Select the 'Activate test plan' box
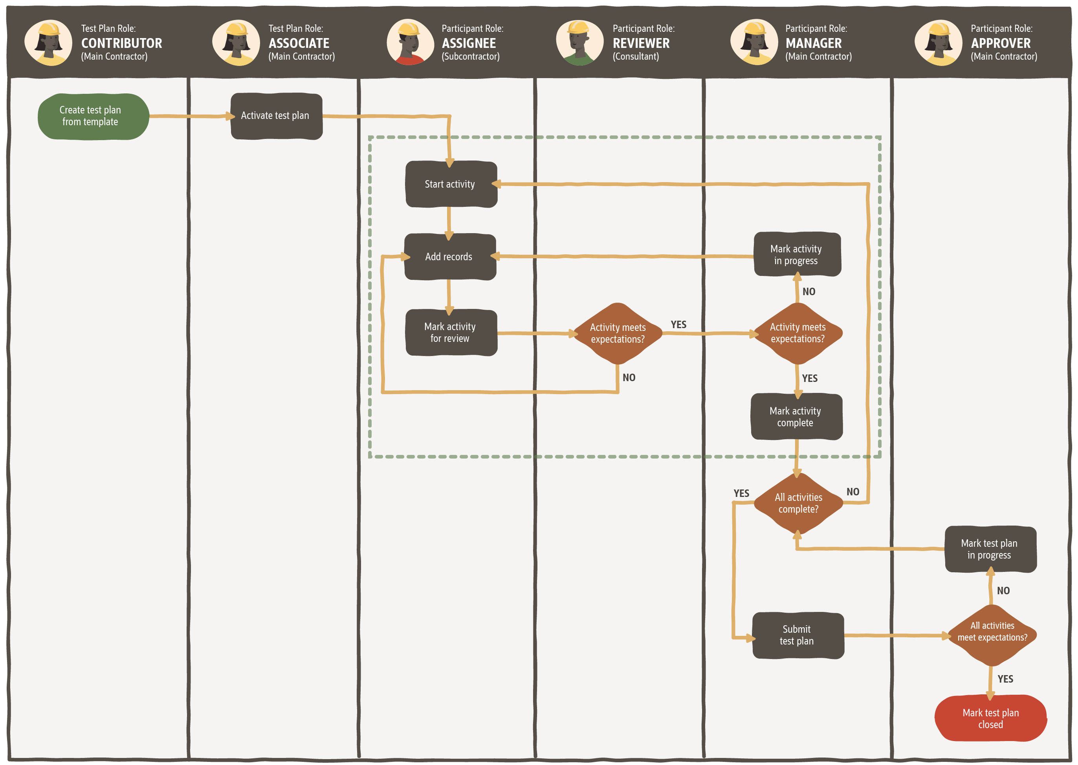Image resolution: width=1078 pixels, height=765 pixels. [276, 116]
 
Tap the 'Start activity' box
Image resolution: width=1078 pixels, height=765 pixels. [451, 184]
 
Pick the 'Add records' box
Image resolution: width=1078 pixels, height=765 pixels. [450, 257]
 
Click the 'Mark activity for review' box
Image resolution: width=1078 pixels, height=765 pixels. [451, 332]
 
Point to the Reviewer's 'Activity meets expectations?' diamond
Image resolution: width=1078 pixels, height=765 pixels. [618, 334]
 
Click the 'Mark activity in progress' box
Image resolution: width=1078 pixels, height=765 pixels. [797, 254]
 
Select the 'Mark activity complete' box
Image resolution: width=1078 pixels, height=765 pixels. [796, 417]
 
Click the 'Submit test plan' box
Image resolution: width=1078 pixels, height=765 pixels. [797, 635]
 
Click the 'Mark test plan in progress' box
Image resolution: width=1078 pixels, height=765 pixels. [990, 549]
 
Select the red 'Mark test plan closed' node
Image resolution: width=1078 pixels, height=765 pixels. [990, 718]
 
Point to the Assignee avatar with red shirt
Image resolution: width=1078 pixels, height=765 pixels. [410, 42]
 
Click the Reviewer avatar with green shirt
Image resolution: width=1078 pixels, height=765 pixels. [579, 42]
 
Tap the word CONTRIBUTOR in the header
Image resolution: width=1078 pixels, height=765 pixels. [122, 43]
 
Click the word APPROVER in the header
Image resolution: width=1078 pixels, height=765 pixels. [1000, 43]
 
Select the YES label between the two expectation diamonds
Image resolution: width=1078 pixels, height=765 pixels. [678, 325]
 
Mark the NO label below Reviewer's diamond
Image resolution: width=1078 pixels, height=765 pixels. [629, 378]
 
